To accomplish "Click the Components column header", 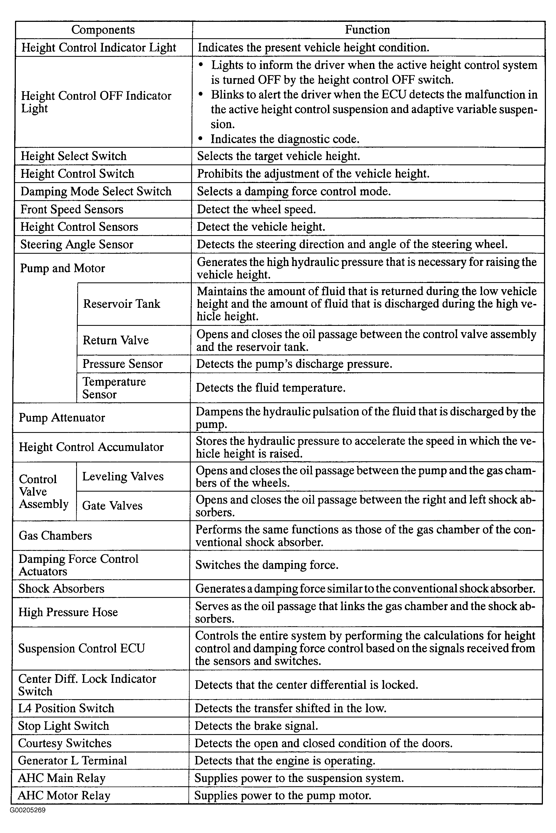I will (x=103, y=30).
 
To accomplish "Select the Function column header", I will (x=367, y=30).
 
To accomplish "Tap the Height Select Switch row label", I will (x=73, y=156).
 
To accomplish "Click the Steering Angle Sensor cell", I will (x=77, y=244).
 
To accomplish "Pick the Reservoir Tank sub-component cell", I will (x=122, y=304).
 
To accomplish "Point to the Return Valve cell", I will (x=116, y=340).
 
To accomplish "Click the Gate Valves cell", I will (x=112, y=506).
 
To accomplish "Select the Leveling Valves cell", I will (x=123, y=476).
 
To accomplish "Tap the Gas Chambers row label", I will (x=55, y=536).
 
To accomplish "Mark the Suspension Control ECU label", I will (x=82, y=648).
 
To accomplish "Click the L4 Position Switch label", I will (x=66, y=708).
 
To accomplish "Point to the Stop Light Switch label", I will (x=64, y=726).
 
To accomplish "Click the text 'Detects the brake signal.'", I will (x=256, y=726).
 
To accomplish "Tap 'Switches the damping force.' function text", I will (x=267, y=565).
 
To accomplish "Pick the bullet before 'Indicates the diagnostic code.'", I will (x=201, y=139).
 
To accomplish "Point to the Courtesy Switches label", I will (x=65, y=743).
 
